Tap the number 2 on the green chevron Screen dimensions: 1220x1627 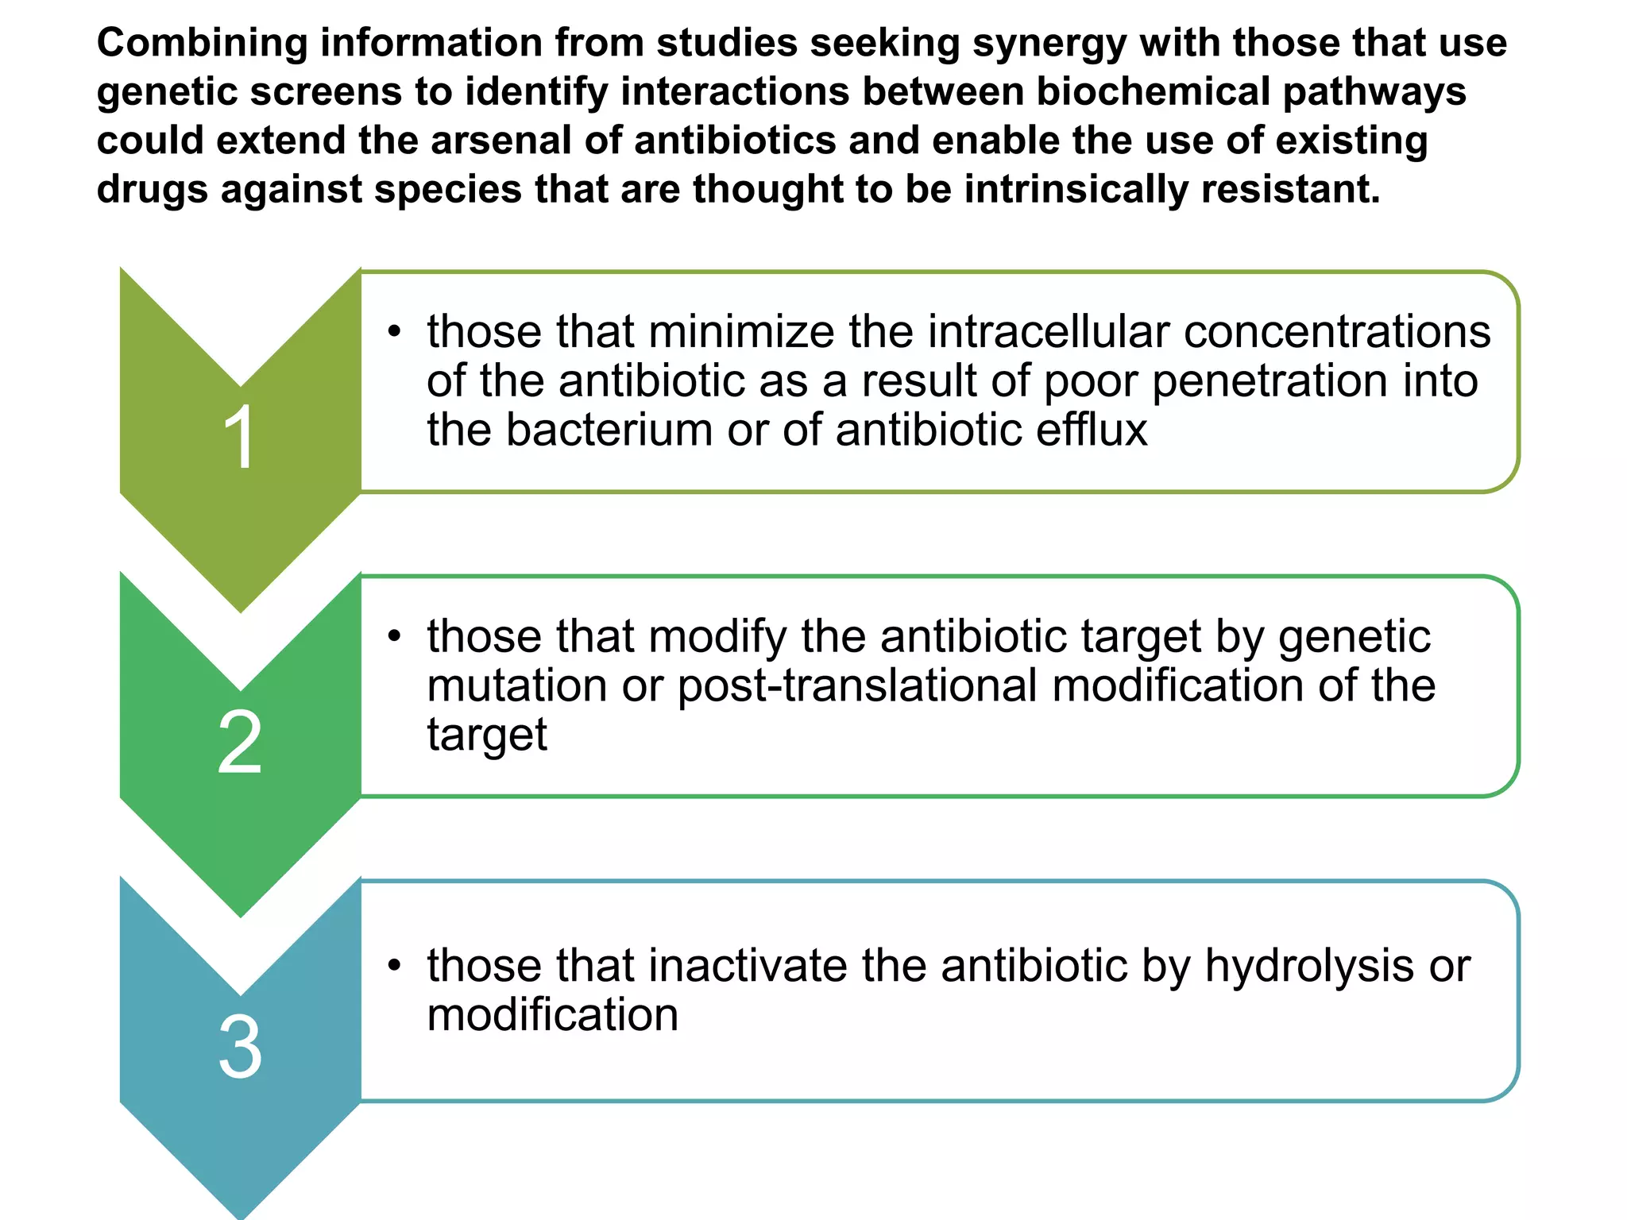239,742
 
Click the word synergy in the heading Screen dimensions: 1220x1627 1049,44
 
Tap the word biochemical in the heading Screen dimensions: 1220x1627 1153,91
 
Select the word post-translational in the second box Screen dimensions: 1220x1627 857,685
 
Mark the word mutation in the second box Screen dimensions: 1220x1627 517,685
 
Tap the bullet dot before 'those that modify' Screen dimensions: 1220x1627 394,636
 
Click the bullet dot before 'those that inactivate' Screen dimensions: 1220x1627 394,966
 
